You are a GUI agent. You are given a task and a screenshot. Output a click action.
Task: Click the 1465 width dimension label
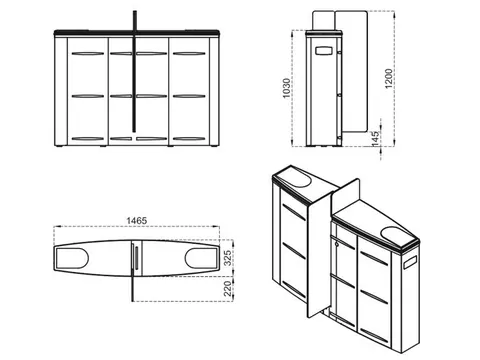coord(137,221)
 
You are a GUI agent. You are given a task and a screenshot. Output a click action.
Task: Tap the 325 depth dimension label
coord(227,258)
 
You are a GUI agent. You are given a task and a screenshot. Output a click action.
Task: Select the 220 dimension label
coord(227,289)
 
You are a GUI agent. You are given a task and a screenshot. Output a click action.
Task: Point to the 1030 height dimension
coord(286,88)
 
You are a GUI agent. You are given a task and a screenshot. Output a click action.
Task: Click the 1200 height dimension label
coord(389,79)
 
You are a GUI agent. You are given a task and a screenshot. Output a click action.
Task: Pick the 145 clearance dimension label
coord(376,138)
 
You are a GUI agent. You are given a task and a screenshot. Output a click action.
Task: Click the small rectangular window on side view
coord(324,51)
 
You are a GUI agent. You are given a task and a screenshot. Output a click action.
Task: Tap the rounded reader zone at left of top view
coord(72,258)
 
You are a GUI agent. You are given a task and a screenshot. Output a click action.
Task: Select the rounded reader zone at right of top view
coord(201,258)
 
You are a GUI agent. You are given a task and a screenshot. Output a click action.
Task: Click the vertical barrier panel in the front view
coord(135,71)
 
